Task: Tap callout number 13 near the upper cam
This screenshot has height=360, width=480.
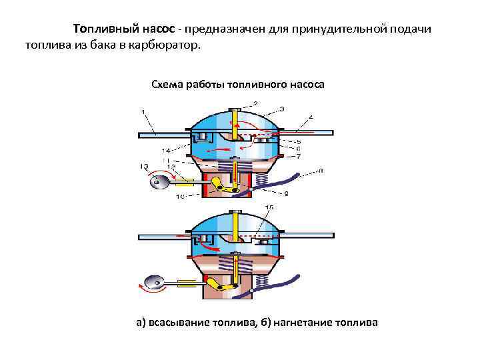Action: coord(144,165)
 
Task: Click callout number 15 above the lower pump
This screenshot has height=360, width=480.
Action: coord(269,208)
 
